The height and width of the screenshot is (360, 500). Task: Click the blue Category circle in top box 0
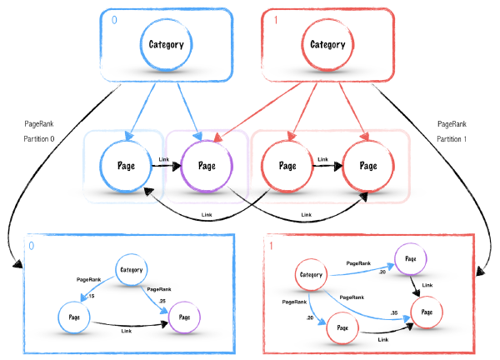coord(167,44)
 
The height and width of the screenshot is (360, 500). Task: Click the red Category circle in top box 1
coord(327,44)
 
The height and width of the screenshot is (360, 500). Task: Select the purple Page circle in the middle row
coord(206,165)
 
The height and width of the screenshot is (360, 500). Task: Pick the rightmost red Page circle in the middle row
coord(367,165)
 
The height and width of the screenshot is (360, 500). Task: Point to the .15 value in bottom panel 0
coord(90,296)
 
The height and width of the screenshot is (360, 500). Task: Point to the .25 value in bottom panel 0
coord(161,300)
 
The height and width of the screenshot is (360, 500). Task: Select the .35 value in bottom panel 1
coord(393,312)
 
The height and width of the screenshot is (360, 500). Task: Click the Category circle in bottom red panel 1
coord(310,275)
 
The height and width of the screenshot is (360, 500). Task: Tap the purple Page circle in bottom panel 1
coord(410,258)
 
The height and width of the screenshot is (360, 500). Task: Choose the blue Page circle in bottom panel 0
coord(73,317)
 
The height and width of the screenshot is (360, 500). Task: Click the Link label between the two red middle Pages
coord(323,158)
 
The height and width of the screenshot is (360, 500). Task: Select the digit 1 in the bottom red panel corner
coord(271,247)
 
